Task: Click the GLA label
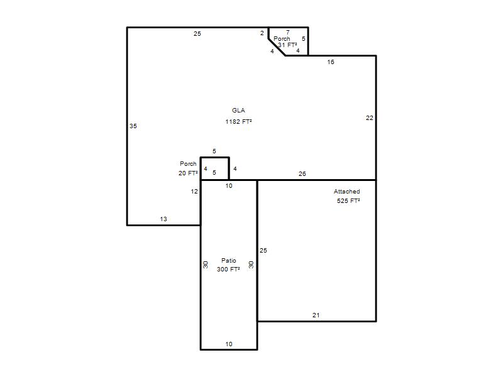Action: point(238,111)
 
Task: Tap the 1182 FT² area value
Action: point(238,121)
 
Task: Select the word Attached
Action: point(347,192)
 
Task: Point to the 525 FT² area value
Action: point(348,200)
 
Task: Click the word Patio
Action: point(229,260)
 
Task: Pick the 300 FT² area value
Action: point(228,270)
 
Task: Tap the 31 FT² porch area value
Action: point(287,45)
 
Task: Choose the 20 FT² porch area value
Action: point(188,173)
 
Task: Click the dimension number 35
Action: point(133,126)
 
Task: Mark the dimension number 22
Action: point(370,118)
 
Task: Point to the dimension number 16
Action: point(331,62)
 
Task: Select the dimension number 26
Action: point(302,174)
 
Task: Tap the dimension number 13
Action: point(163,219)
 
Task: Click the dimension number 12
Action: point(194,192)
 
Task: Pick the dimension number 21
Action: point(316,315)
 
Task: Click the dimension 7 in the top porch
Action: point(288,33)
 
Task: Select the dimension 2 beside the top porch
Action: point(262,33)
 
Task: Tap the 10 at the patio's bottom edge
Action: point(229,344)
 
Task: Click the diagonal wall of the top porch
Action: point(277,47)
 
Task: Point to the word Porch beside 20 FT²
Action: point(188,164)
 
